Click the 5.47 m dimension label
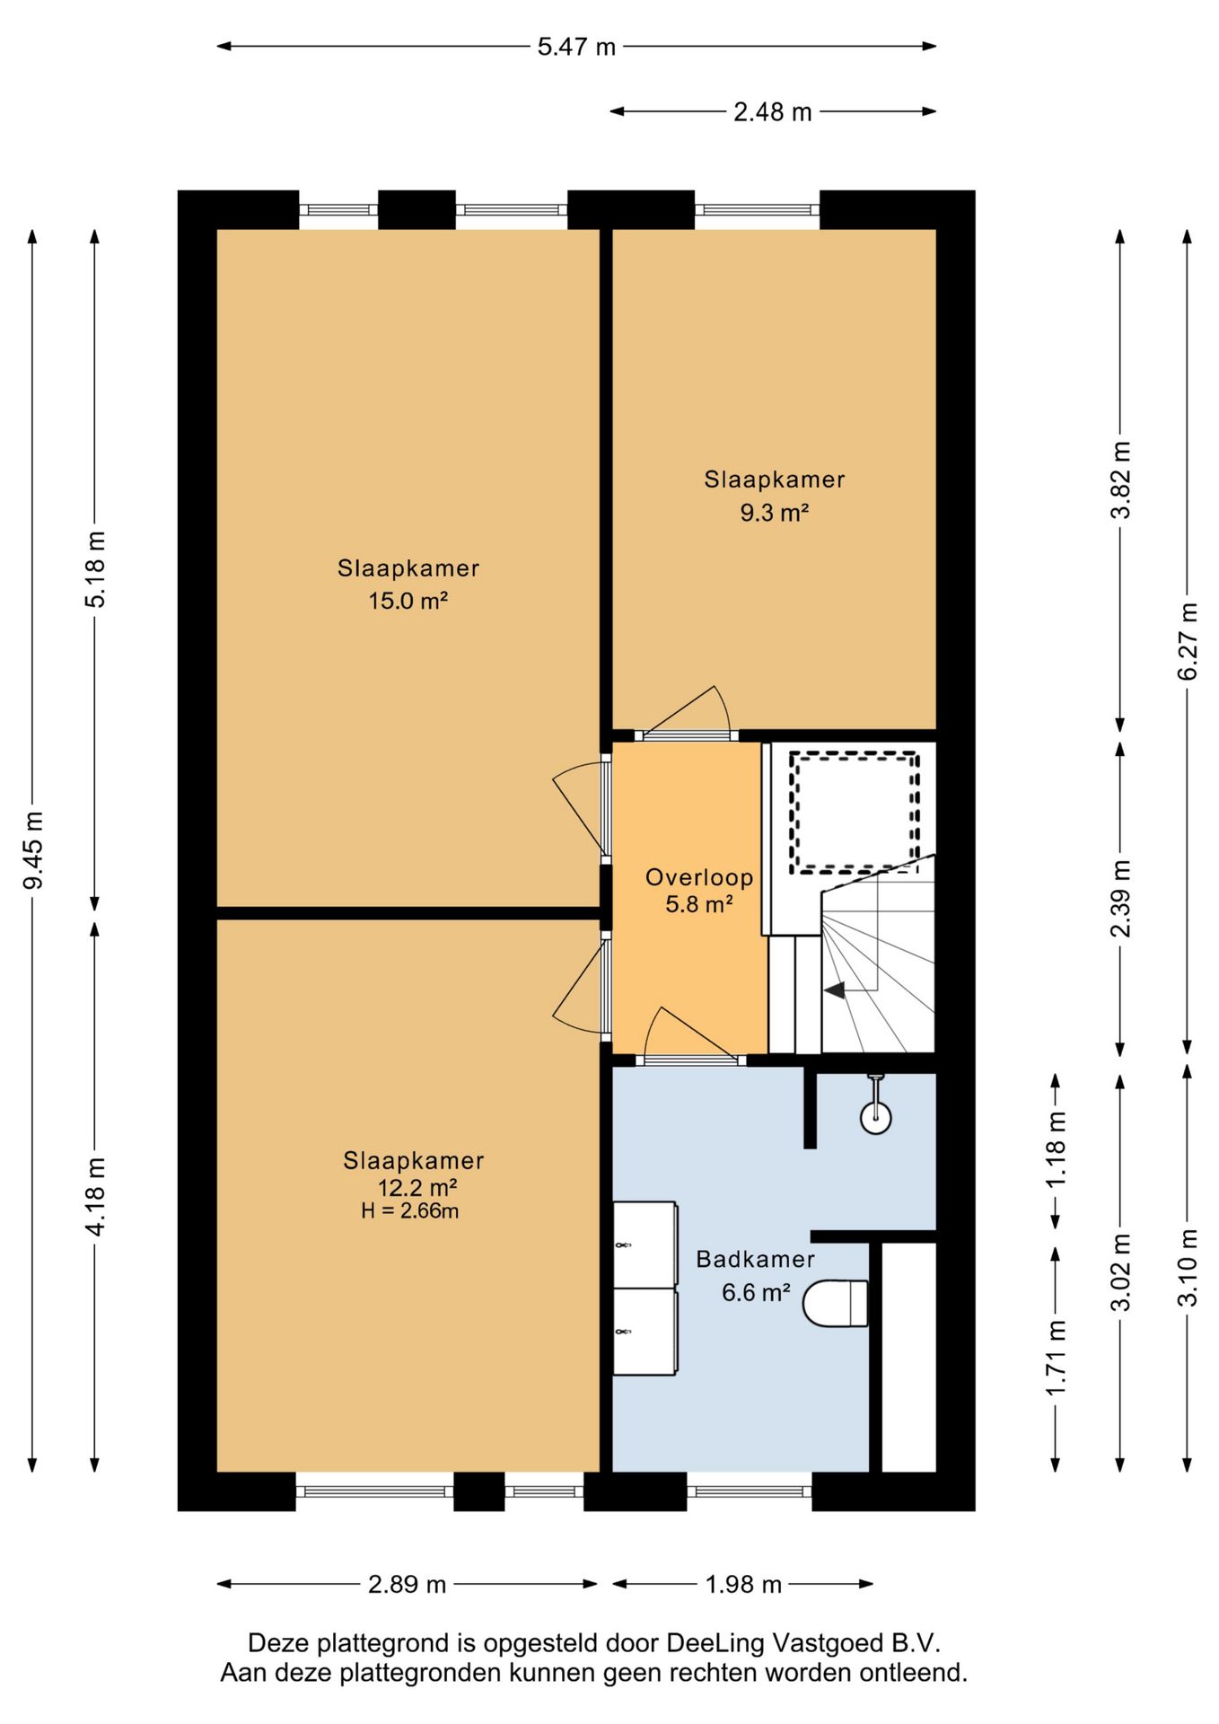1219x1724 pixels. (x=576, y=47)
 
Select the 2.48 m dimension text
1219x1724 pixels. (x=773, y=112)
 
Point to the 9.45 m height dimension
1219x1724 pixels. (x=33, y=850)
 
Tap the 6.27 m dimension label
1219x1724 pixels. (x=1188, y=641)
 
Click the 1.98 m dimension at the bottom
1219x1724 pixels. (x=743, y=1585)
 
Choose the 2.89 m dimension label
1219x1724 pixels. (x=407, y=1585)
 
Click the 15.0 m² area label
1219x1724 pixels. (x=408, y=601)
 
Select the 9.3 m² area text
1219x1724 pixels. (x=775, y=513)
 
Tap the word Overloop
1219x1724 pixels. (x=699, y=877)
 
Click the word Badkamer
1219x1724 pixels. (x=756, y=1259)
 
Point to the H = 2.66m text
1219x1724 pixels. (x=410, y=1211)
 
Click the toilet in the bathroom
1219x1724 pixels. (x=835, y=1304)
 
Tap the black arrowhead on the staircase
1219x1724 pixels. (x=834, y=990)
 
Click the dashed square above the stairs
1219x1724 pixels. (x=855, y=813)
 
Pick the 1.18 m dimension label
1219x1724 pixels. (x=1056, y=1150)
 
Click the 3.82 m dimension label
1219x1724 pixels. (x=1120, y=480)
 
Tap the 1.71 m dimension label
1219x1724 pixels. (x=1056, y=1358)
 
